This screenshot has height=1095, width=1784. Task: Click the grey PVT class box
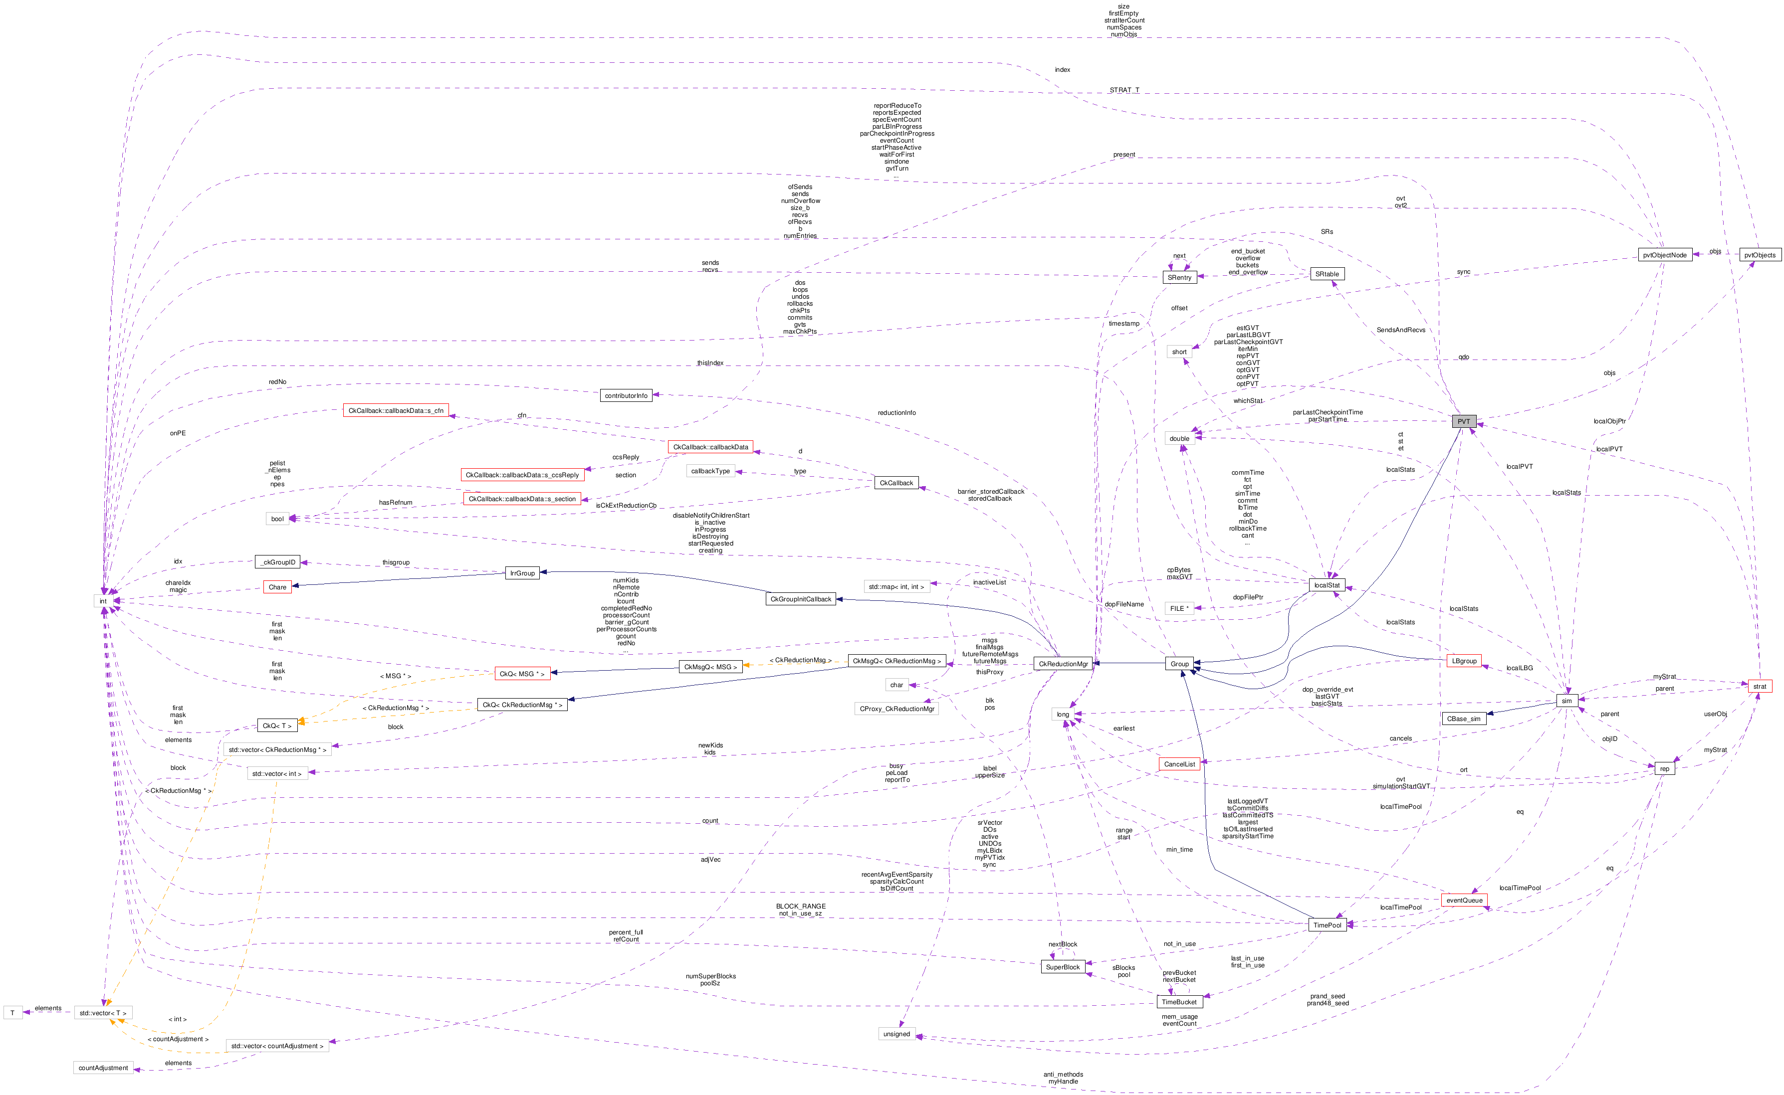(1463, 421)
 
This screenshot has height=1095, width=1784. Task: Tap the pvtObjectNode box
(1664, 255)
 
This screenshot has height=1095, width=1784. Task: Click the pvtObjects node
(1760, 255)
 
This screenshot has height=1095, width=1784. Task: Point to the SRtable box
(1327, 274)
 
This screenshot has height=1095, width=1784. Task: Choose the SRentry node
(1179, 277)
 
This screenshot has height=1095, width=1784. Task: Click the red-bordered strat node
(1760, 686)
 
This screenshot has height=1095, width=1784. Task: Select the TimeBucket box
(1179, 1002)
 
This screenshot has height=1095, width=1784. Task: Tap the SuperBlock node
(1062, 967)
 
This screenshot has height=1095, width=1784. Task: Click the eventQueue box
(1464, 900)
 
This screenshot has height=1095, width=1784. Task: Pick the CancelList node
(1179, 764)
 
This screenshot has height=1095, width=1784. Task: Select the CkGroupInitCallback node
(801, 599)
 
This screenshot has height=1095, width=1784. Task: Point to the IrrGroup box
(522, 573)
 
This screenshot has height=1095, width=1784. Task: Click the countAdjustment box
(103, 1068)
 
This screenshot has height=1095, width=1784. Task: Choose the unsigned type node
(896, 1034)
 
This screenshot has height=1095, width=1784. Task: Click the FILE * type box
(1179, 608)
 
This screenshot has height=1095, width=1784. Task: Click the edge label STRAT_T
(1124, 90)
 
